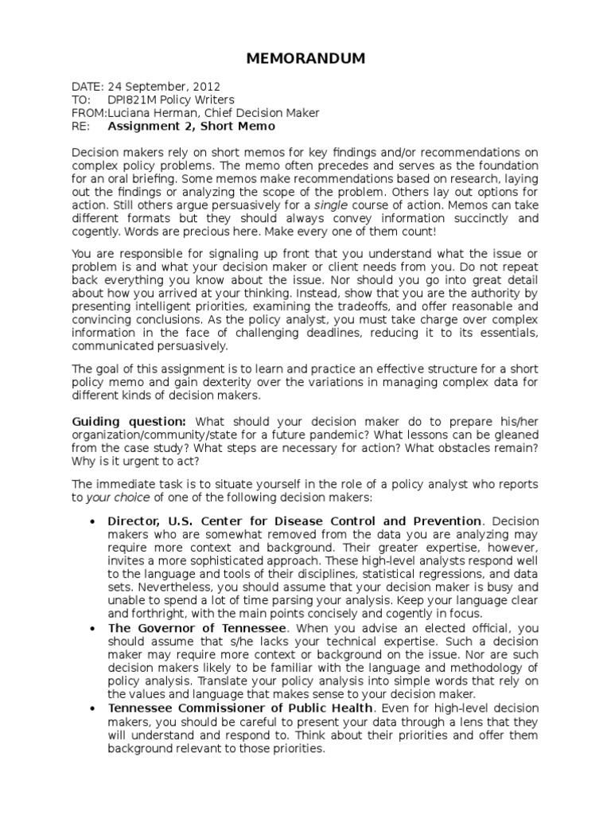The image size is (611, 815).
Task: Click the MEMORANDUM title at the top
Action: coord(305,58)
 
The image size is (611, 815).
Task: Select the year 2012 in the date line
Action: coord(206,87)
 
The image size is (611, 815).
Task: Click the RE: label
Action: coord(81,126)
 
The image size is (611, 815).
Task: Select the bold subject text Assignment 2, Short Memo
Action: coord(191,126)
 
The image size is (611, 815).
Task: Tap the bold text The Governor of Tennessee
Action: coord(197,628)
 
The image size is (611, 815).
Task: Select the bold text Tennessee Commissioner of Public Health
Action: coord(240,708)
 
